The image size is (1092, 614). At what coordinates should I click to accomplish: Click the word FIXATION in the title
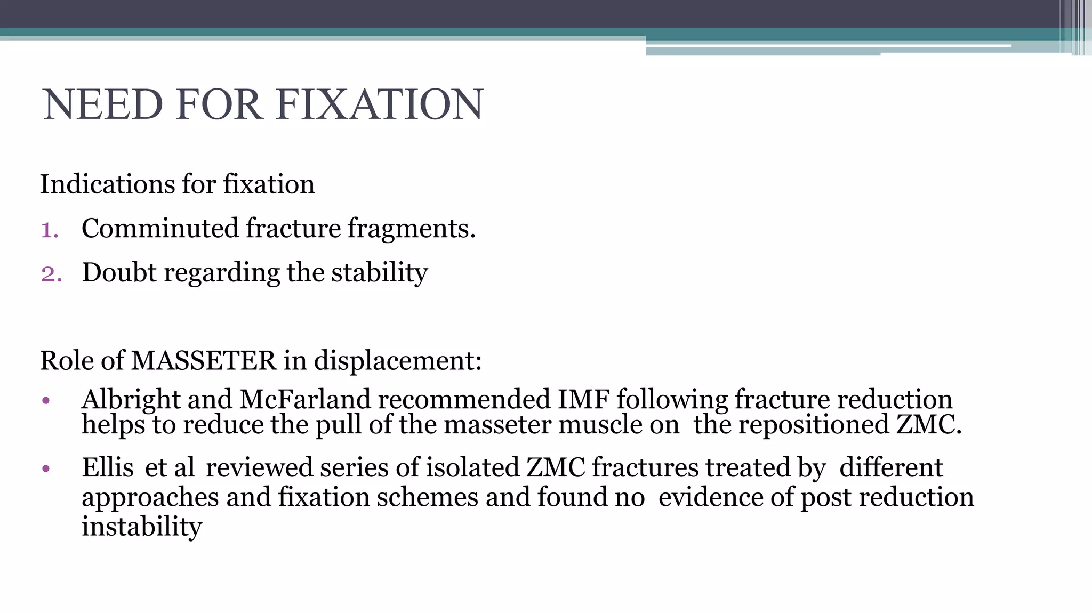[x=380, y=104]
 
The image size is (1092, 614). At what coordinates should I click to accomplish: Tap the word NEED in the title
[x=102, y=104]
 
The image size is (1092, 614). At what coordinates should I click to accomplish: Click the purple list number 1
[x=49, y=230]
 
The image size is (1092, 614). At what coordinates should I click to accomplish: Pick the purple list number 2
[x=51, y=274]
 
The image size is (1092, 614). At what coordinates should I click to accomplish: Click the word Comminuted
[x=160, y=229]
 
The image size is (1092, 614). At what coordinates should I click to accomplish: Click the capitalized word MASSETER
[x=204, y=361]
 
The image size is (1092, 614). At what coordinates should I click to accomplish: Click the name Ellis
[x=107, y=468]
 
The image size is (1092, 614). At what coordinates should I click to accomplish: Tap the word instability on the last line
[x=142, y=527]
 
